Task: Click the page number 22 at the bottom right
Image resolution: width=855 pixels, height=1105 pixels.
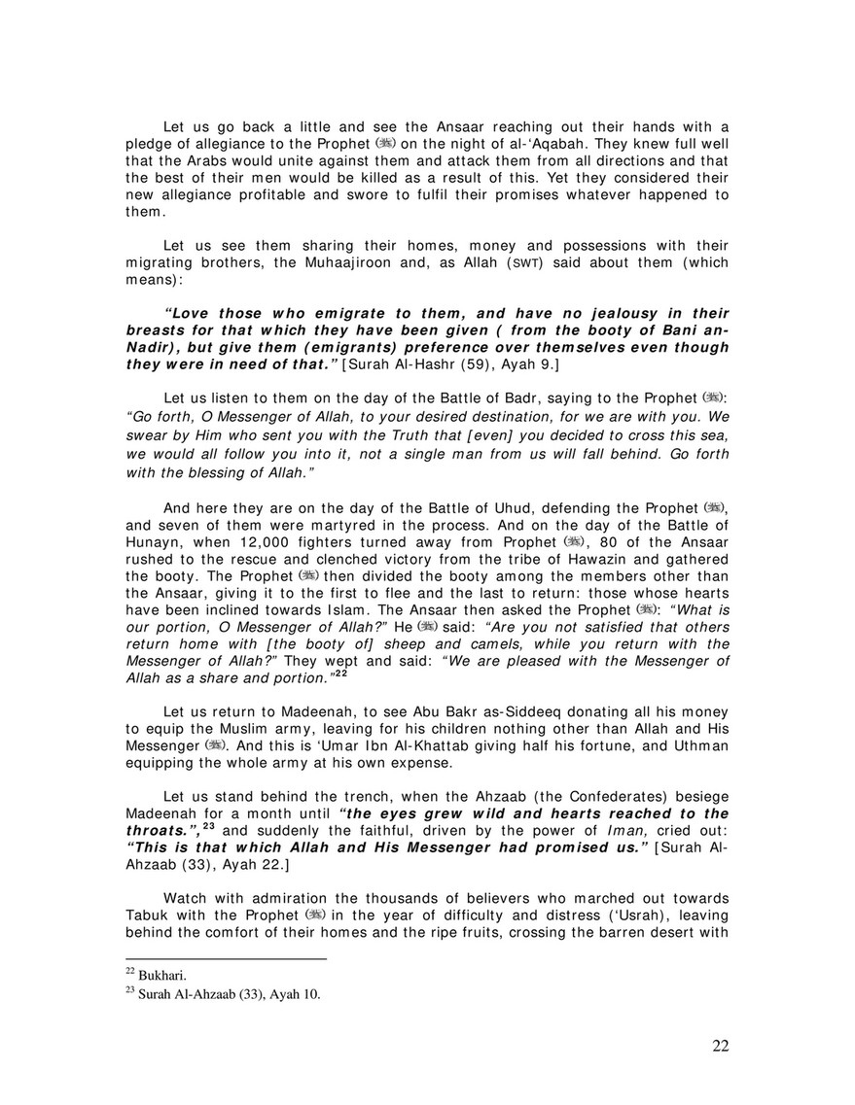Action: click(720, 1046)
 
